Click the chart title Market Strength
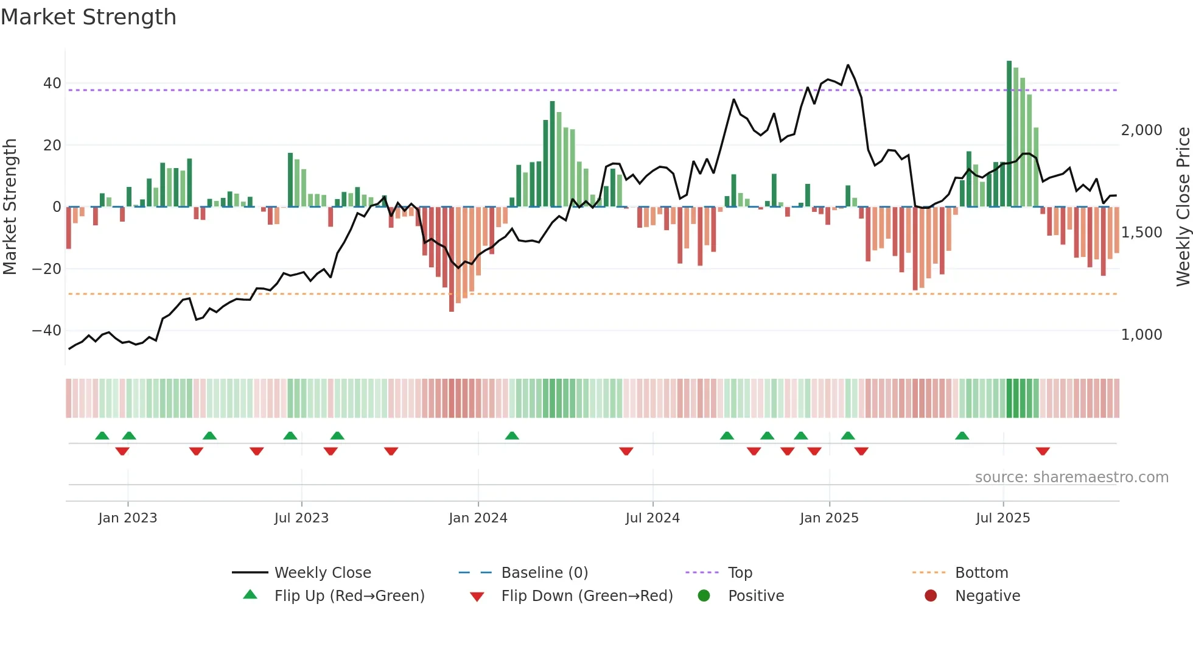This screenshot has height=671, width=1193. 88,17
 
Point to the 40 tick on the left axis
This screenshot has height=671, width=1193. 52,83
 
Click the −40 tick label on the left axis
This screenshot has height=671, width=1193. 47,331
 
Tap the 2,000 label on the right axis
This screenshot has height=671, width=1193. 1141,130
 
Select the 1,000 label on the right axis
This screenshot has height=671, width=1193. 1141,335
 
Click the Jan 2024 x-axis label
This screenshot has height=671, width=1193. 478,518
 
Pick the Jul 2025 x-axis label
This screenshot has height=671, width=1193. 1002,518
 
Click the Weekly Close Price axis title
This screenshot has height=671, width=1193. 1183,207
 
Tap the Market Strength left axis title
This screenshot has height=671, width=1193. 10,207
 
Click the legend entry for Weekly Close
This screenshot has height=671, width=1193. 322,573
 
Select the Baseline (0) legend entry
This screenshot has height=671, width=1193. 544,573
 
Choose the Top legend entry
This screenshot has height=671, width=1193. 740,573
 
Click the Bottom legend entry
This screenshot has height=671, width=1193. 981,573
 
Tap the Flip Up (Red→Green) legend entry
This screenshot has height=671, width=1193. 349,596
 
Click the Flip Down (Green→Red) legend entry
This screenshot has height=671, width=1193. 586,596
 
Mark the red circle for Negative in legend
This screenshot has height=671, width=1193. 931,596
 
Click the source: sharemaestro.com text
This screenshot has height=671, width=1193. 1071,477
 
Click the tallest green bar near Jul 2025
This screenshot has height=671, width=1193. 1009,134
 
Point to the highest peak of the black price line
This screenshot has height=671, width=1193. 848,65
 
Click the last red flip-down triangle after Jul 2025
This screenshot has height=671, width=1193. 1043,451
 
